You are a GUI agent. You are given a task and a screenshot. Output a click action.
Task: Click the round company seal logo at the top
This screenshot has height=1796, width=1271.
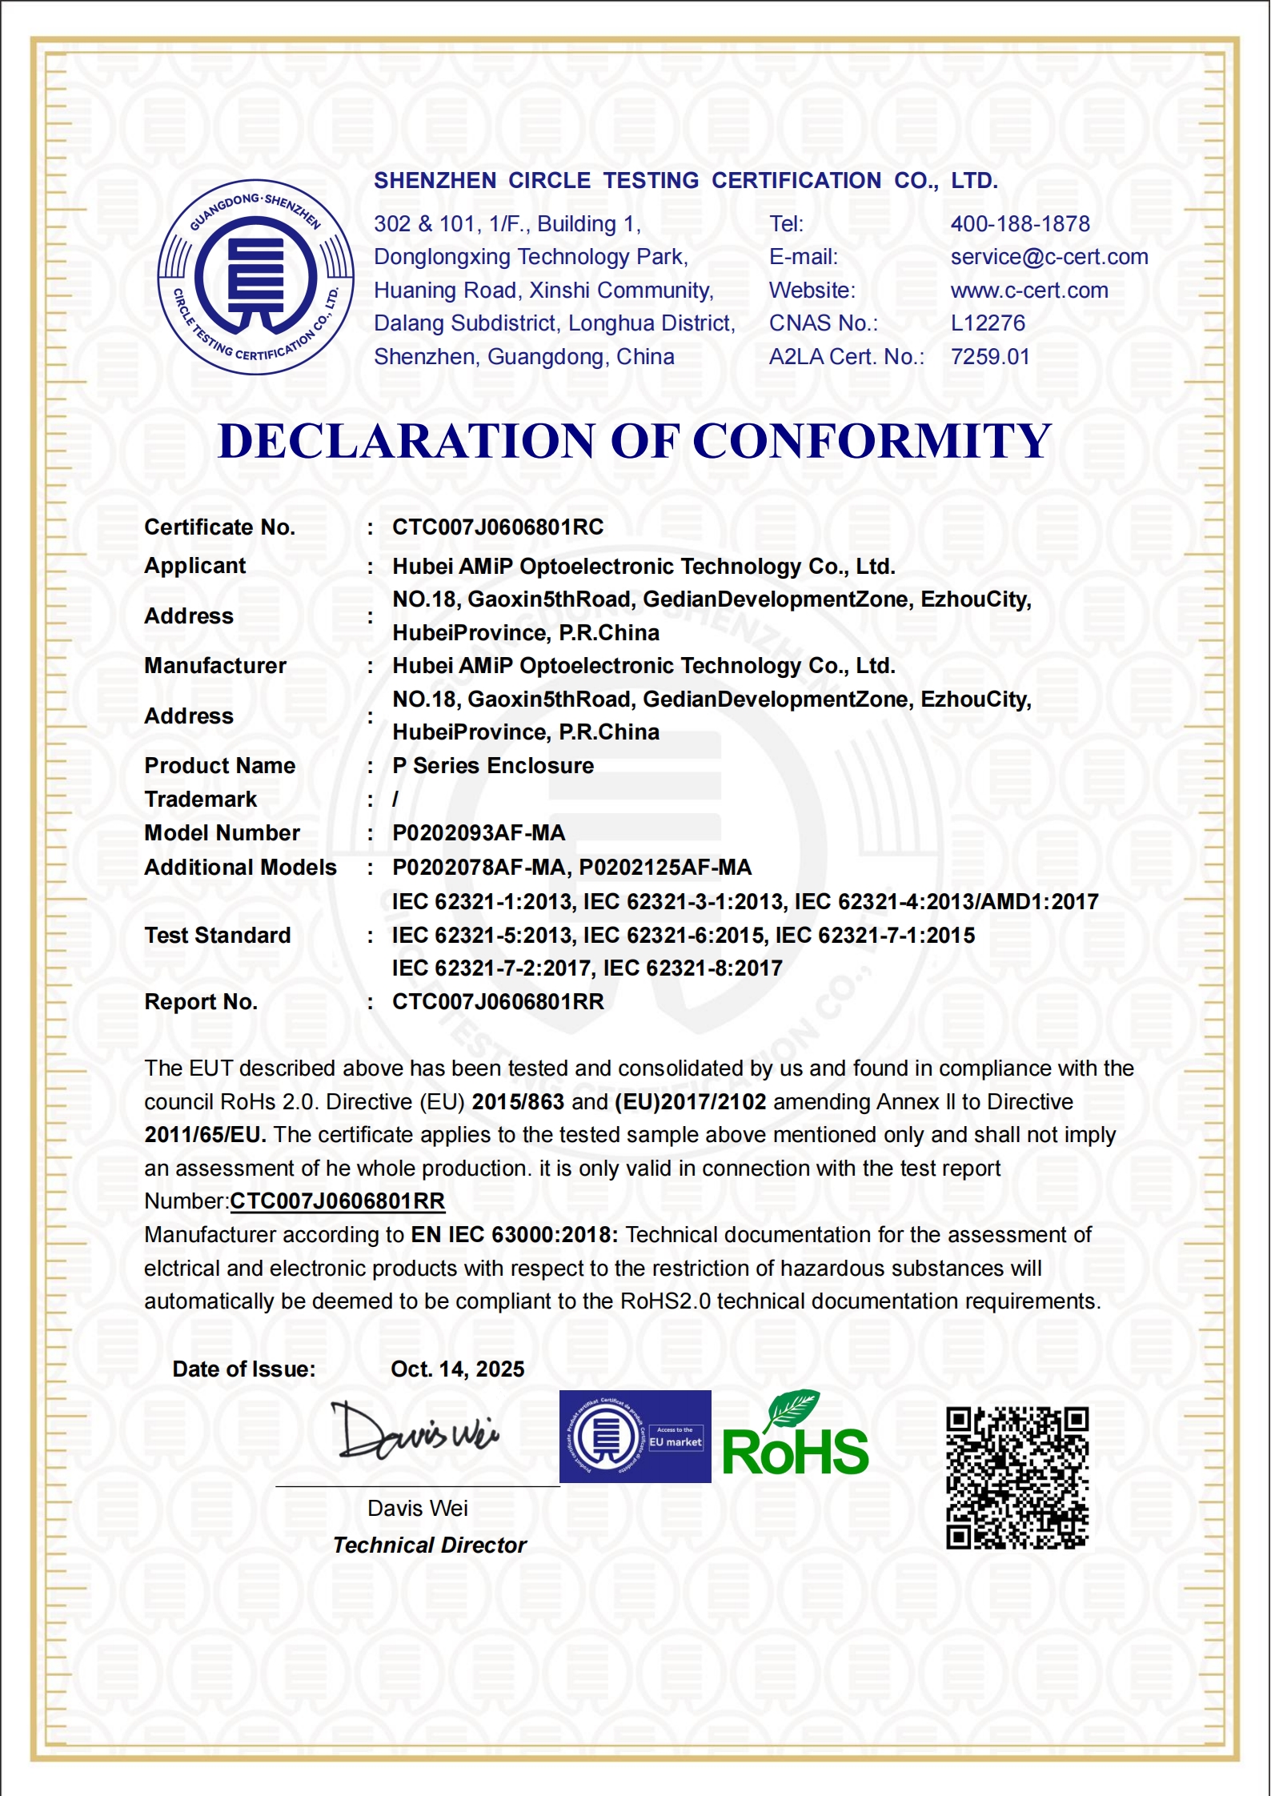[256, 277]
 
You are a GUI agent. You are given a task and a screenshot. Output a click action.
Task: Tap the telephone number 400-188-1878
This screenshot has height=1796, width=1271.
[1020, 224]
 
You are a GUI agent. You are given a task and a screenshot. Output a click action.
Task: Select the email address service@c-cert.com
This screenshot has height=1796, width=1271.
[1048, 257]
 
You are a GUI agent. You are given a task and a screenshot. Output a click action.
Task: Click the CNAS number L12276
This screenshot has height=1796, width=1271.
[988, 323]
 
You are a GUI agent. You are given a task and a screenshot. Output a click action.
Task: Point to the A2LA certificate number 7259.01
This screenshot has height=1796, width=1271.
[990, 357]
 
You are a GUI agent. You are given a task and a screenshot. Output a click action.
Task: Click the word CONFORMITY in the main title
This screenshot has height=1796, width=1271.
[872, 441]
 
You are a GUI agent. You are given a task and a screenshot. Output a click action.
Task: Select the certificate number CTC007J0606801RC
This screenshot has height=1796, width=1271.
[498, 527]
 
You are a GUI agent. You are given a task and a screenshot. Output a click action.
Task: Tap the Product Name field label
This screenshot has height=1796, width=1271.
[220, 766]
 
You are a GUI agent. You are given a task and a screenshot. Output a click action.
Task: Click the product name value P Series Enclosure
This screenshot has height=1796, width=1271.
[493, 766]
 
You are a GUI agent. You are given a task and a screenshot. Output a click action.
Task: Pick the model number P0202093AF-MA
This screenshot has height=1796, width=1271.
[479, 833]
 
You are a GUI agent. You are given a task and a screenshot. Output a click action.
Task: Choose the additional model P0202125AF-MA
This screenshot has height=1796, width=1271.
[665, 868]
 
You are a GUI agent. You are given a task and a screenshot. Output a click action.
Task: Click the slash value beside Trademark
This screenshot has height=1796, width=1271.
[395, 800]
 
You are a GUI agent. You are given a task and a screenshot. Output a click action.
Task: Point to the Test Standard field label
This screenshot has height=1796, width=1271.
[218, 936]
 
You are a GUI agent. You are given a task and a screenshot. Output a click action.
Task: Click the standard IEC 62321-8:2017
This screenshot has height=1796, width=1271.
[692, 968]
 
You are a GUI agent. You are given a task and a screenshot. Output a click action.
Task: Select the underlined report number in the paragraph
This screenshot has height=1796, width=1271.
[337, 1201]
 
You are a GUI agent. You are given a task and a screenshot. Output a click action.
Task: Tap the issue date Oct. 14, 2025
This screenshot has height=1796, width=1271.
[457, 1369]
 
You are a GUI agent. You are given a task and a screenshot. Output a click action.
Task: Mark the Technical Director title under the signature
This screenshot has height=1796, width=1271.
[430, 1545]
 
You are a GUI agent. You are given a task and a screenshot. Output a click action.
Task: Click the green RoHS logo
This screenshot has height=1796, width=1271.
[795, 1437]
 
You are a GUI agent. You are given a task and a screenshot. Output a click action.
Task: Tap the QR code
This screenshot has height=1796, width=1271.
[1017, 1478]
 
